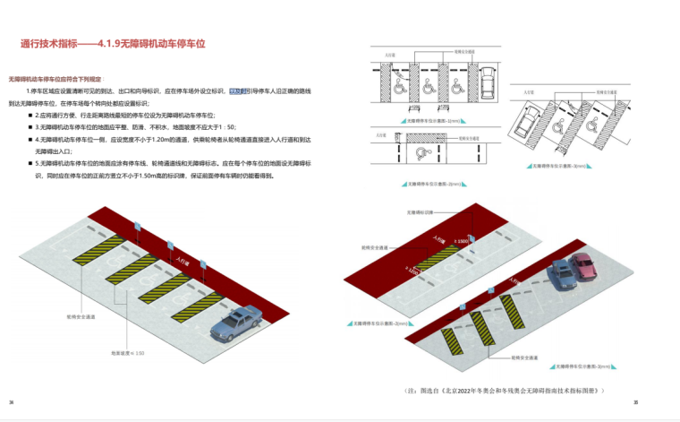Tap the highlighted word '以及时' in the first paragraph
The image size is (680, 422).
pyautogui.click(x=236, y=91)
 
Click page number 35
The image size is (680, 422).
pyautogui.click(x=635, y=402)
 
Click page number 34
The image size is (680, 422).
pyautogui.click(x=12, y=402)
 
